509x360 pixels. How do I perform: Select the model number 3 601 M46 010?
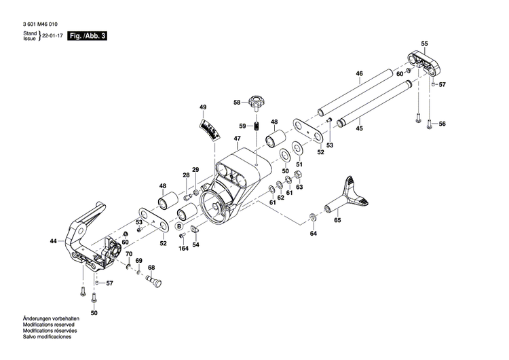pyautogui.click(x=40, y=23)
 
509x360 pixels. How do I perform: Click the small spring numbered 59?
pyautogui.click(x=258, y=126)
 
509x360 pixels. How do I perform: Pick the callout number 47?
pyautogui.click(x=237, y=139)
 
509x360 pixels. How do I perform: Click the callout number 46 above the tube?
pyautogui.click(x=359, y=73)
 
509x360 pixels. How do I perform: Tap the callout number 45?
pyautogui.click(x=359, y=128)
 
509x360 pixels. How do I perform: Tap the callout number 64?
pyautogui.click(x=313, y=234)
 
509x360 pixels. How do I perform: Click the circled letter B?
pyautogui.click(x=179, y=226)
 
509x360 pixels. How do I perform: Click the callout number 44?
pyautogui.click(x=53, y=241)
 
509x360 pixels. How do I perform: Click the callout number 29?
pyautogui.click(x=195, y=170)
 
